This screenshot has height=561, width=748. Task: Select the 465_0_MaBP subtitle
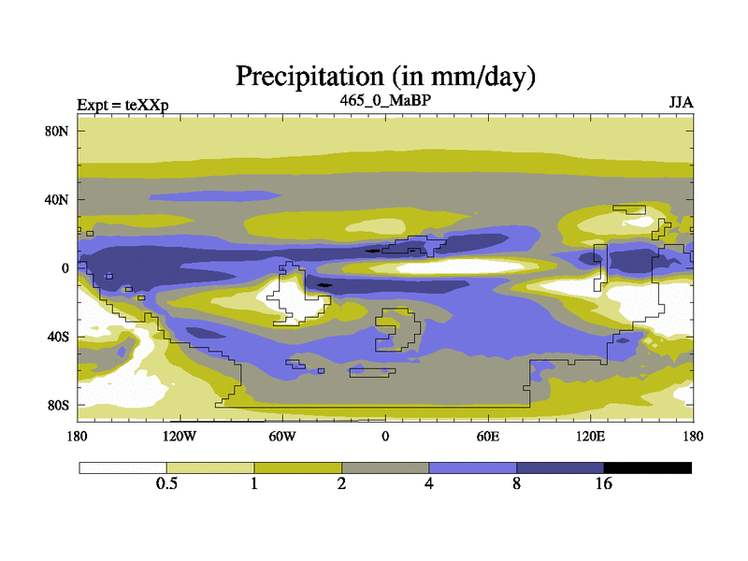pos(385,98)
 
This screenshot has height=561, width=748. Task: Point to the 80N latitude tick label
pos(58,131)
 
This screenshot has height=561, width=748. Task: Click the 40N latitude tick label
pos(58,199)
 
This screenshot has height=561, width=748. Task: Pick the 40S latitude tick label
pos(58,337)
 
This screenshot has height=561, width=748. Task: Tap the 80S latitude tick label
pos(58,405)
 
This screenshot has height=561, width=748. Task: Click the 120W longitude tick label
pos(180,436)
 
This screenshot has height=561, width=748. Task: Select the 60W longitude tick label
pos(282,436)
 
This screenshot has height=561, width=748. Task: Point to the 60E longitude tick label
pos(487,436)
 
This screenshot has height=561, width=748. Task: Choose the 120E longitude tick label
pos(590,436)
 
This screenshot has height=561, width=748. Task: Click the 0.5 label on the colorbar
pos(166,483)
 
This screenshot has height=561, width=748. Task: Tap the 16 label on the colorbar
pos(603,483)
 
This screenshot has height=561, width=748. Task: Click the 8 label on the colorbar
pos(516,483)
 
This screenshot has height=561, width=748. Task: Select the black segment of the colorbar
pos(647,467)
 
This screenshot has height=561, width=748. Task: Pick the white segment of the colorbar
pos(122,467)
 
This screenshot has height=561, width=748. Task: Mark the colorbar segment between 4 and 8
pos(472,467)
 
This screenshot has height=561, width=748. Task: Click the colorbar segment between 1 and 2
pos(297,467)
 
